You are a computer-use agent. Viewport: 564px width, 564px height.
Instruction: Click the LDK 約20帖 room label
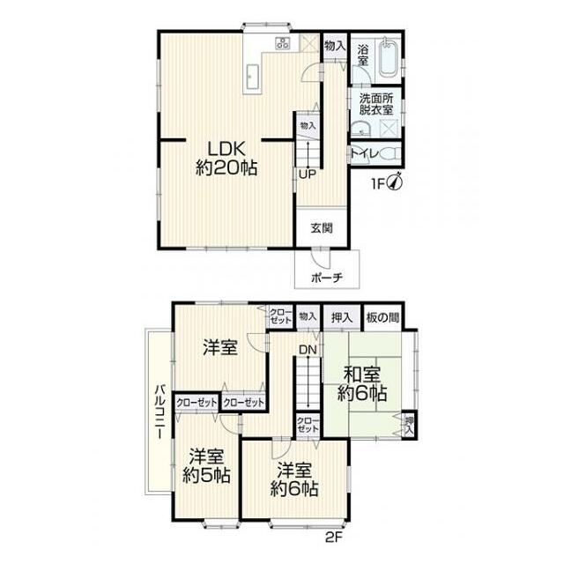click(226, 159)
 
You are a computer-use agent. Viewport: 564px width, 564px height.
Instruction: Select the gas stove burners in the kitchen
click(283, 43)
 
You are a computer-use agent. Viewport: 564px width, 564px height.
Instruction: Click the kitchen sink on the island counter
click(252, 78)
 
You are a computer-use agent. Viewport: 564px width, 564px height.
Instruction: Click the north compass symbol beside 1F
click(395, 182)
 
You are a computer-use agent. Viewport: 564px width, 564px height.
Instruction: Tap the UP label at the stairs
click(308, 174)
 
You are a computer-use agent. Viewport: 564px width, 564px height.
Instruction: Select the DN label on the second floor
click(308, 349)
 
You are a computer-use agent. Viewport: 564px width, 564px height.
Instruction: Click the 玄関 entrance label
click(322, 228)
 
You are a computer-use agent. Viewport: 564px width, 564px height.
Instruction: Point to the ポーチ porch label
click(327, 277)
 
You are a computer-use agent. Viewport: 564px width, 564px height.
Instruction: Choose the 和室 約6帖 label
click(362, 384)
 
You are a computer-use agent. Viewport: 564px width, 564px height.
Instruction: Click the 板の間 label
click(382, 317)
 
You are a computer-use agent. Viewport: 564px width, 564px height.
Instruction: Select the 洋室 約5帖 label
click(206, 466)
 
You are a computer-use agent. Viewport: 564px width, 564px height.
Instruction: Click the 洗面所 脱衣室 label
click(376, 104)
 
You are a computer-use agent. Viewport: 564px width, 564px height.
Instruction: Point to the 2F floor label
click(334, 538)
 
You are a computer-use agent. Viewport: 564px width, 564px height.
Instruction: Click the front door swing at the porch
click(320, 257)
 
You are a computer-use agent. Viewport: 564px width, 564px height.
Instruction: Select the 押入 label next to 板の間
click(342, 317)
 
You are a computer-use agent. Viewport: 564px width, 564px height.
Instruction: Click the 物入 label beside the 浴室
click(335, 46)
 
